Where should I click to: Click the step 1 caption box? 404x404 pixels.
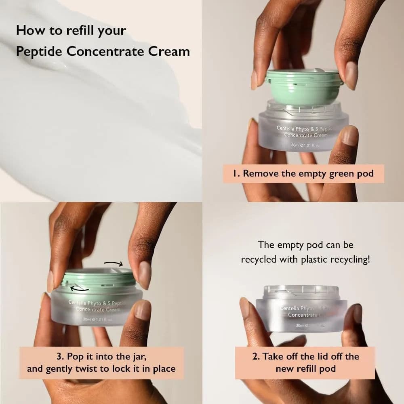point(303,174)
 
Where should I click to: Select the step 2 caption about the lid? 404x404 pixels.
point(305,362)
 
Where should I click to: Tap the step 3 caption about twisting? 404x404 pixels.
point(101,362)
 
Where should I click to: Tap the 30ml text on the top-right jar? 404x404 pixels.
point(298,145)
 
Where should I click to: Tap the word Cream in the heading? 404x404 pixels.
point(170,52)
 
